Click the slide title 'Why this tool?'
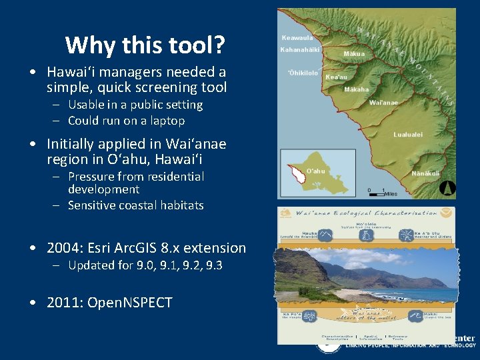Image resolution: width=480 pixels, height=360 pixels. click(145, 45)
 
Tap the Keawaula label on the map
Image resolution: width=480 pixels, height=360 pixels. click(297, 38)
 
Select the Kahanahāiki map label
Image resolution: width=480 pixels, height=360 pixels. click(300, 50)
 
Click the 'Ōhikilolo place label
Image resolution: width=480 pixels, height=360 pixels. click(303, 73)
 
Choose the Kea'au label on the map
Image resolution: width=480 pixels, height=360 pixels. click(336, 77)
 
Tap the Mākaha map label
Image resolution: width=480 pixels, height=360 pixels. click(356, 89)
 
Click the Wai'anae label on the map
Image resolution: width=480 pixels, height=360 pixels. click(385, 102)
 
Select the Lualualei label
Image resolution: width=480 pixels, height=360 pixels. click(407, 135)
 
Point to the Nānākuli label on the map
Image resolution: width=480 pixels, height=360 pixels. click(426, 173)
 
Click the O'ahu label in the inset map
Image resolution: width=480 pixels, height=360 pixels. click(315, 171)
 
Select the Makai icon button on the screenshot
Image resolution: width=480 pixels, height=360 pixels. click(415, 315)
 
